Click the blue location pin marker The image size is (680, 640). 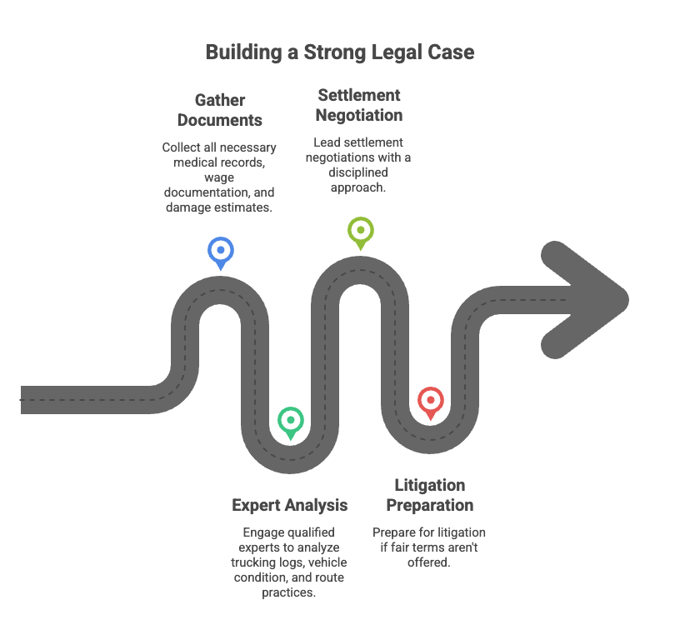(x=221, y=250)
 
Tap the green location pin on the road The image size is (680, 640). (x=290, y=420)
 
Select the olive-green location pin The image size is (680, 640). (x=360, y=230)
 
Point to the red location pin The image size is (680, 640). (x=430, y=401)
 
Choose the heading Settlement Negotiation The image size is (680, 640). (x=359, y=105)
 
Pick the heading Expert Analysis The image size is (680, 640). (x=289, y=505)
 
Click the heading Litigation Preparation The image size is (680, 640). (x=429, y=495)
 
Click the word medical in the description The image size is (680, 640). (x=190, y=162)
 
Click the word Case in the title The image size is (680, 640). (x=452, y=52)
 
